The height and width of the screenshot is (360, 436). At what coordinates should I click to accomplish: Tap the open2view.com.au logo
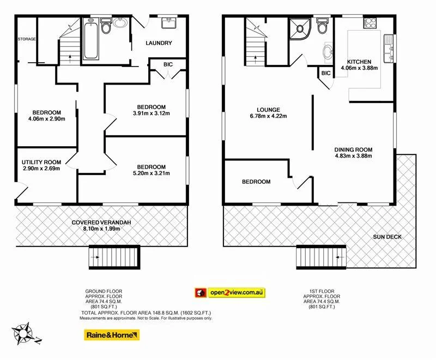pos(230,293)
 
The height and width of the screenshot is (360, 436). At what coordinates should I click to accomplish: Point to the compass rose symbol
pos(26,333)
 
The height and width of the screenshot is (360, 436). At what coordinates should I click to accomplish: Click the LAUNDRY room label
pos(159,43)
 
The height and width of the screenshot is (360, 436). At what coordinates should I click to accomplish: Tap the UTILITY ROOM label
pos(41,162)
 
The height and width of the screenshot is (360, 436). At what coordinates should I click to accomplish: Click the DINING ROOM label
pos(353,149)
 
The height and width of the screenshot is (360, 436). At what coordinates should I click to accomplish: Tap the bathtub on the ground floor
pos(90,40)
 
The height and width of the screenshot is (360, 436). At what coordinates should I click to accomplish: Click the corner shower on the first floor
pos(300,28)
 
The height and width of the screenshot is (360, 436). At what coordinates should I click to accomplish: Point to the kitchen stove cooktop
pos(370,23)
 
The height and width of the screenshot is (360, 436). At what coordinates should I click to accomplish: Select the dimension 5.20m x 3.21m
pos(151,174)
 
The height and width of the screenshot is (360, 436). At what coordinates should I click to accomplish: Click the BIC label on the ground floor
pos(168,64)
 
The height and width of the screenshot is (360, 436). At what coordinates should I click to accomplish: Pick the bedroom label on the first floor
pos(256,182)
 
